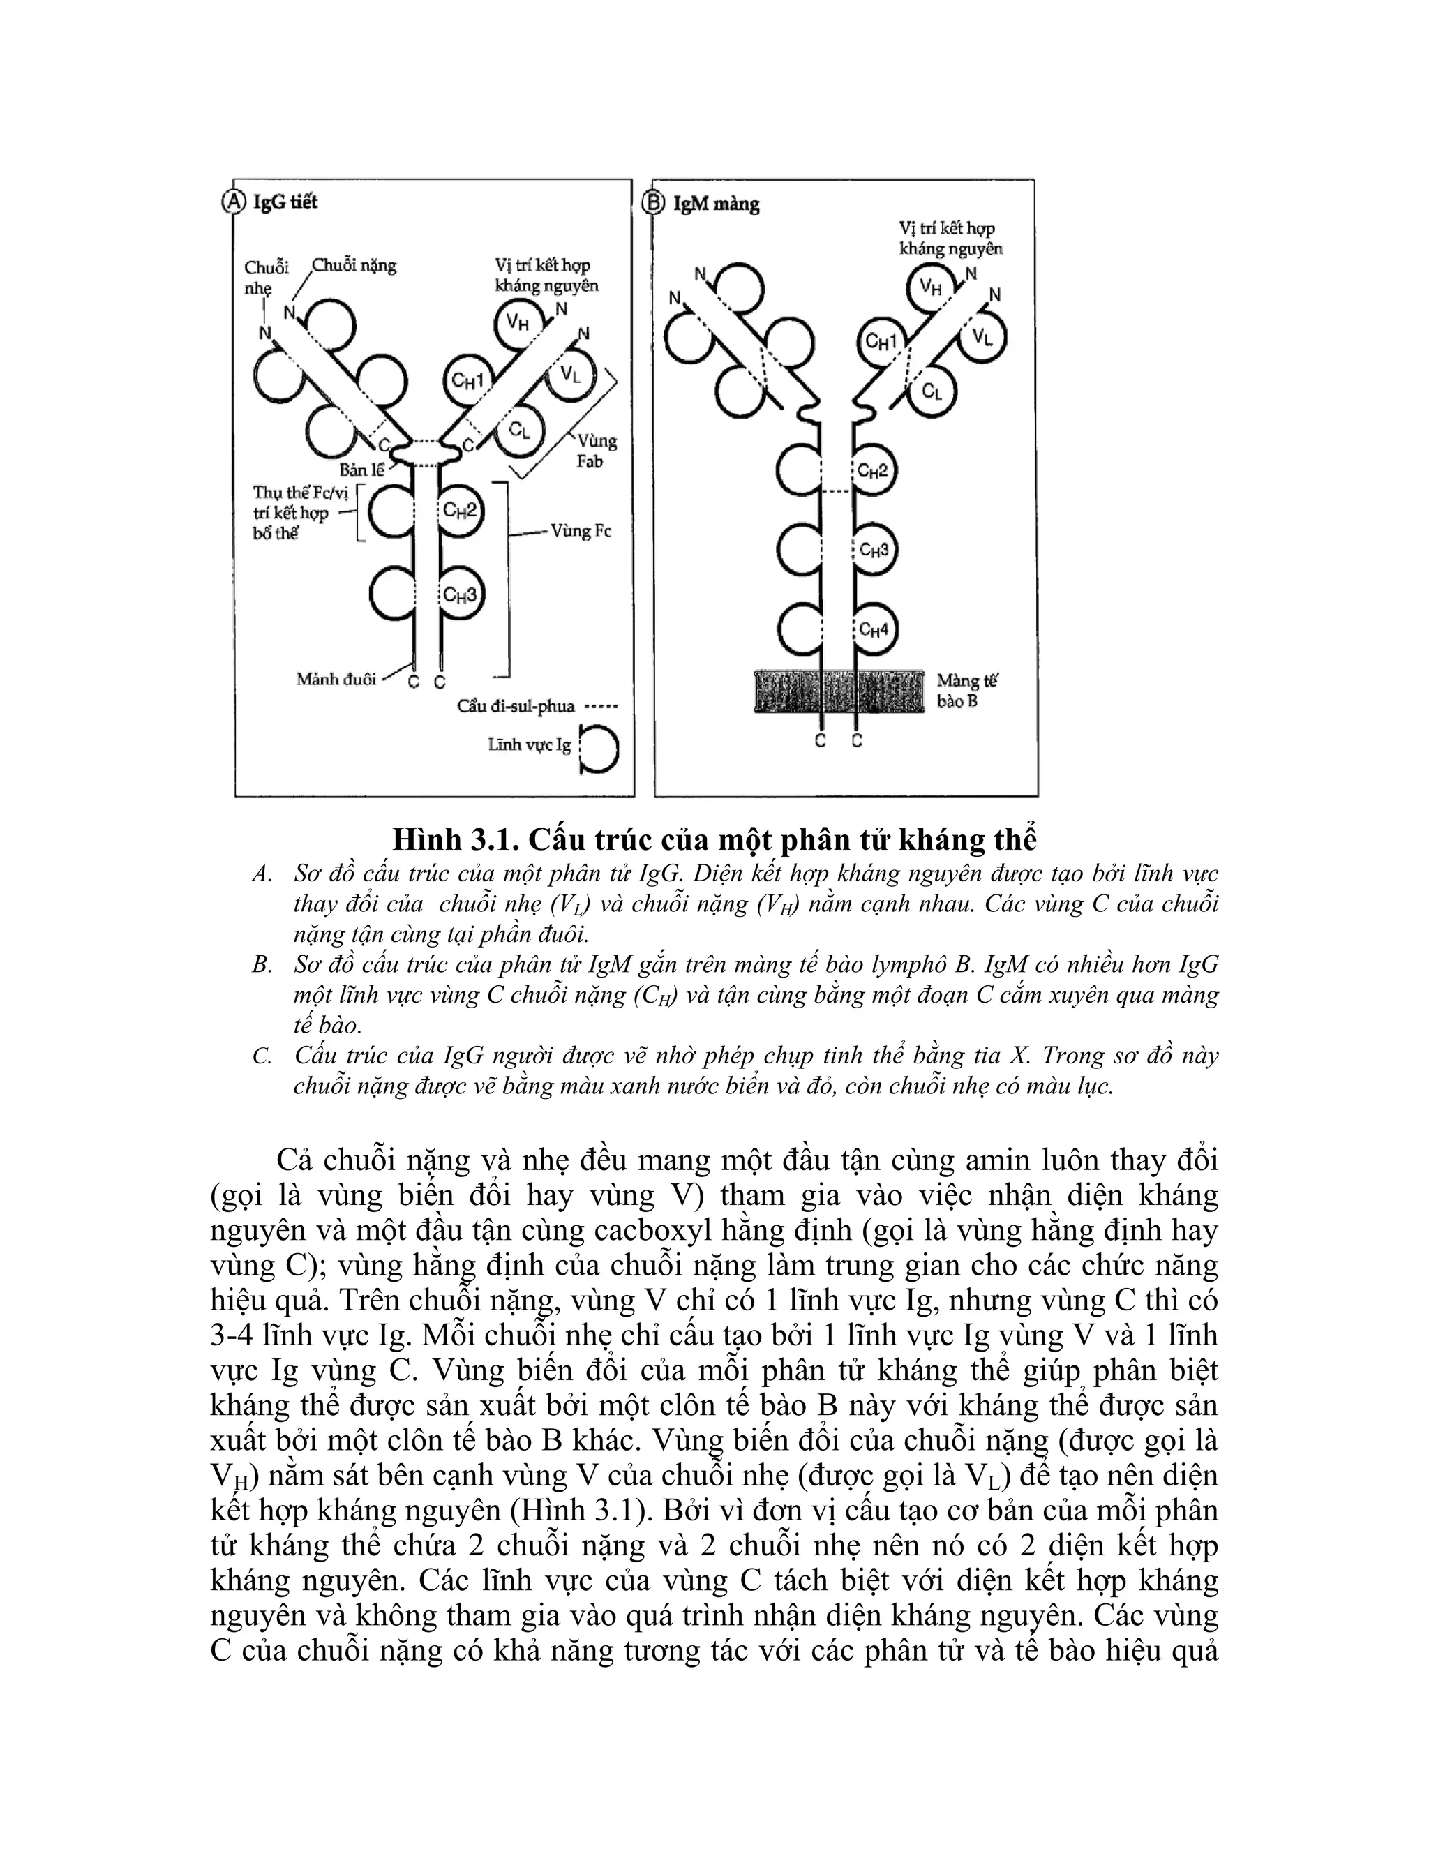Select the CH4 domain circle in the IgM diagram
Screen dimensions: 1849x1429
pos(874,629)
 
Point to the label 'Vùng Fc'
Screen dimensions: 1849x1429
pos(580,532)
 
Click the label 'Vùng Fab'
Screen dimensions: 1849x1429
pos(596,451)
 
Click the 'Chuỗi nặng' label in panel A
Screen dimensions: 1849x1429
pos(354,266)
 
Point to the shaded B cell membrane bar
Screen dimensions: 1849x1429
pos(838,691)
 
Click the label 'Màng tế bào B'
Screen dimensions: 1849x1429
pos(967,691)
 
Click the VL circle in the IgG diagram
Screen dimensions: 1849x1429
pos(570,375)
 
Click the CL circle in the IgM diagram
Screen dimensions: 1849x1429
pos(932,392)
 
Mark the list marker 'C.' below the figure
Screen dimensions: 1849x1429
pos(262,1056)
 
